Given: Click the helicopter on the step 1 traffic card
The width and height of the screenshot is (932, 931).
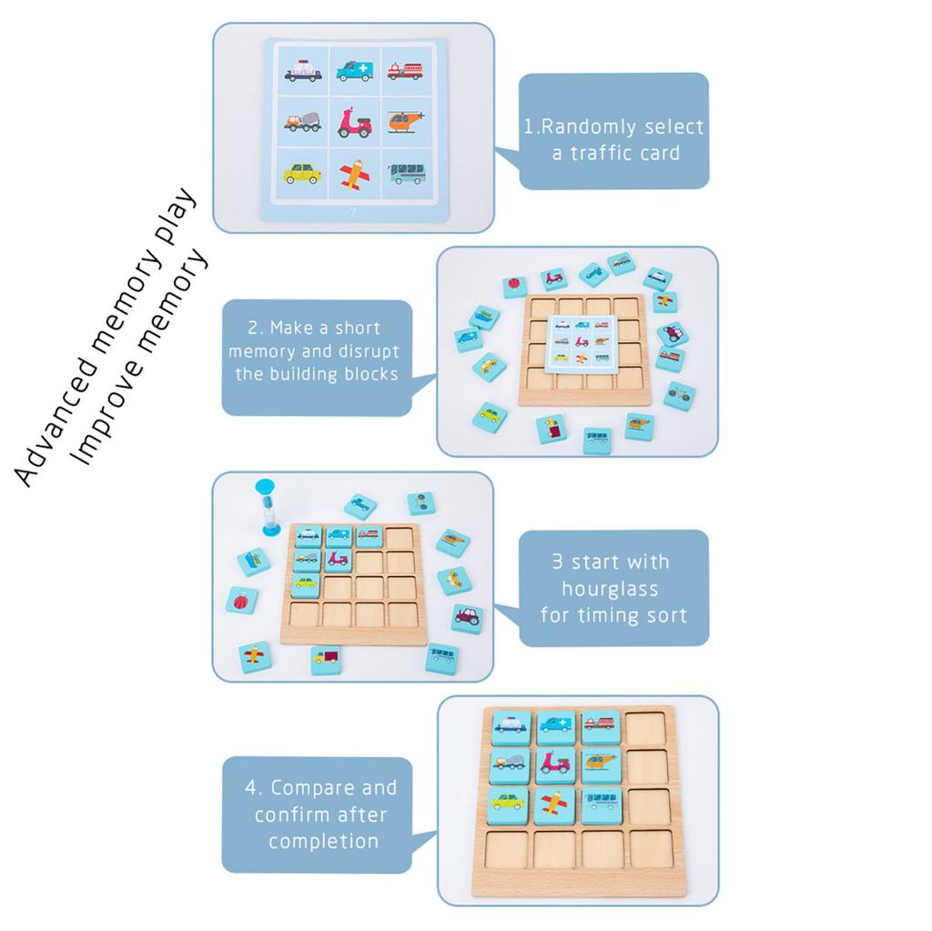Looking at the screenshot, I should tap(405, 120).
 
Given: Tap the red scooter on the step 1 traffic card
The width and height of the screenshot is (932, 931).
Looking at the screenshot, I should tap(354, 122).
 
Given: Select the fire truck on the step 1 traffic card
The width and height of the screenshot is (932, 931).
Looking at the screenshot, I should tap(405, 70).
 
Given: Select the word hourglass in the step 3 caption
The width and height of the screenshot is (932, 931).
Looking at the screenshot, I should tap(610, 589).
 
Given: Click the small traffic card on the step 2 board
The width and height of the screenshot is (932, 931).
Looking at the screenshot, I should tap(580, 342).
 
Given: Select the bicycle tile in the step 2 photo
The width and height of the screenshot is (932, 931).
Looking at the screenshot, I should tap(679, 395).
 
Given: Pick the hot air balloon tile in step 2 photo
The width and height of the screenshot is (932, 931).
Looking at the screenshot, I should tap(515, 287).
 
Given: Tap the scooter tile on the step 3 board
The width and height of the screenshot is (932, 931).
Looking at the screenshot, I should tap(338, 560).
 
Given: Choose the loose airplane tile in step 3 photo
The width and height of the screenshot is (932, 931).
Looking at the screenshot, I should tap(256, 656).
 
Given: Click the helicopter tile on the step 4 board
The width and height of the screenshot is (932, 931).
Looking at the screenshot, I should tap(601, 764).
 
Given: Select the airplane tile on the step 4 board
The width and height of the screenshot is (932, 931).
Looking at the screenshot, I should tap(553, 805).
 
